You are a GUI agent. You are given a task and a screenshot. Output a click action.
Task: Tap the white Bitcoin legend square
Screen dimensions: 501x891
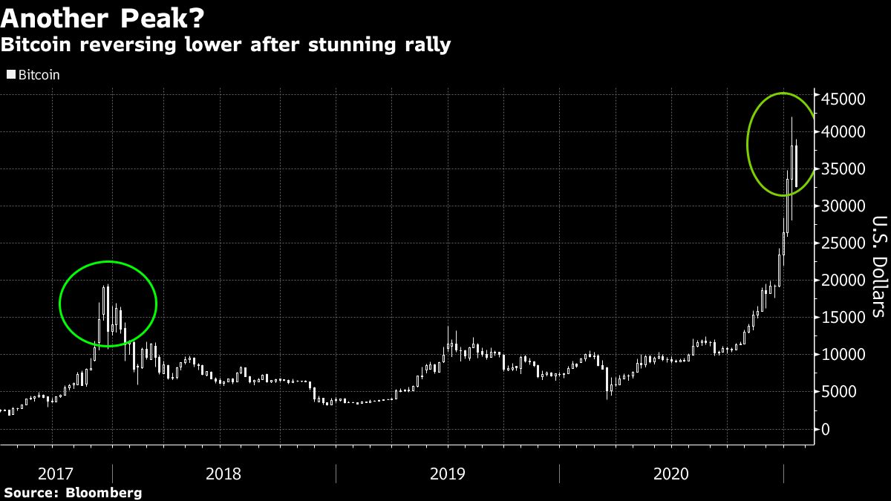click(10, 74)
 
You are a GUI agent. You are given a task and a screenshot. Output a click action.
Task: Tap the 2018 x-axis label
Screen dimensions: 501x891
click(223, 474)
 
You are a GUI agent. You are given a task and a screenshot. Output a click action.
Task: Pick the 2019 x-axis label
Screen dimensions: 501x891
click(448, 474)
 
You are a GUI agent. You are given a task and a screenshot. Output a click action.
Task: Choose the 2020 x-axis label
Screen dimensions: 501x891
click(672, 474)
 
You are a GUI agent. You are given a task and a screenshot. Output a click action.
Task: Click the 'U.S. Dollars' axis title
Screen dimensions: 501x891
click(877, 266)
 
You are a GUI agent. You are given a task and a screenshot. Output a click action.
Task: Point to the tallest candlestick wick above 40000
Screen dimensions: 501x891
click(792, 122)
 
